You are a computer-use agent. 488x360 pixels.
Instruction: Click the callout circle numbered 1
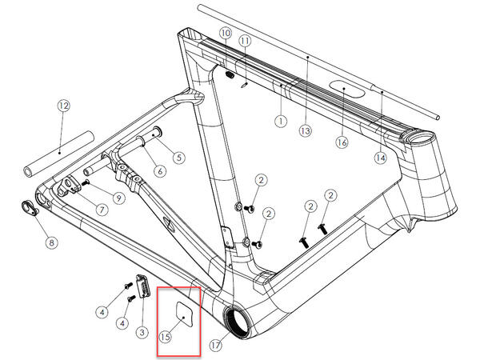280,121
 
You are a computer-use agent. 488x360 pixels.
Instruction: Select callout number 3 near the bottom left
141,331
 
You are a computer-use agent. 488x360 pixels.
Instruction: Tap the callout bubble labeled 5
178,158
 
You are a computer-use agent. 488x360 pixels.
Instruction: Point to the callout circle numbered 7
102,209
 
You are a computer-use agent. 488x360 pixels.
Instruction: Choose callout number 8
52,242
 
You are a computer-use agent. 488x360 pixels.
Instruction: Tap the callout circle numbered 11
245,40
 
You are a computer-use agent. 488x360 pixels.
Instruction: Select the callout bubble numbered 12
64,105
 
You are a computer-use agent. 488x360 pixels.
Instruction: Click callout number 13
304,130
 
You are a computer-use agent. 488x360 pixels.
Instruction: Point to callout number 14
379,158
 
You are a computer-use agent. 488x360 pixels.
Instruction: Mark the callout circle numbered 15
166,337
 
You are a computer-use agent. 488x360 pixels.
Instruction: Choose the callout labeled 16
342,142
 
